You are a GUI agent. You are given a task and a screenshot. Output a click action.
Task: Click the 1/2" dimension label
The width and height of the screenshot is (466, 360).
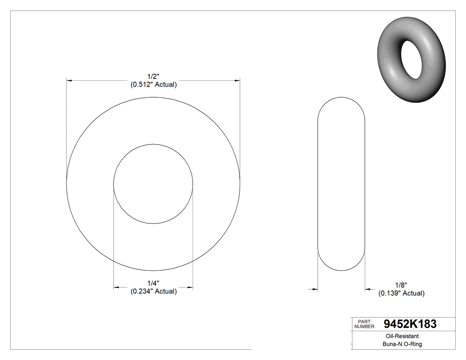(x=153, y=76)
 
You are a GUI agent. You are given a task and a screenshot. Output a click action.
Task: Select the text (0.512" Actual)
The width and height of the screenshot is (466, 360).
(x=153, y=84)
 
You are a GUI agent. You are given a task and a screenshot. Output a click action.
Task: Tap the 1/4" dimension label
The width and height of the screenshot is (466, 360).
(x=153, y=283)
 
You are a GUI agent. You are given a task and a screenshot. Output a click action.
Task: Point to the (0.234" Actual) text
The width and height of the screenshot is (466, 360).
(x=153, y=292)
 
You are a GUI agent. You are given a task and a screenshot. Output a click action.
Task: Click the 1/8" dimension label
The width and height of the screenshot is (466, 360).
(x=401, y=285)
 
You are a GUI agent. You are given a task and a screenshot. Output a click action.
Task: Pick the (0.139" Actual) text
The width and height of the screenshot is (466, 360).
(x=401, y=293)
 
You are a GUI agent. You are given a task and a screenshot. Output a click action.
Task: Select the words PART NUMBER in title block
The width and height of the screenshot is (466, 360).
(x=364, y=324)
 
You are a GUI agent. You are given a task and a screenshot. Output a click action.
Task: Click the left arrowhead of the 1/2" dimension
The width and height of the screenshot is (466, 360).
(x=69, y=80)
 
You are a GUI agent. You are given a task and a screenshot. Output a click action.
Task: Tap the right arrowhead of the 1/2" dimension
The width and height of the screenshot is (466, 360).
(x=237, y=80)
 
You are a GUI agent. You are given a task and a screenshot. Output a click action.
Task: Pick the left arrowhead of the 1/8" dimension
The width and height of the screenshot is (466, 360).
(x=315, y=289)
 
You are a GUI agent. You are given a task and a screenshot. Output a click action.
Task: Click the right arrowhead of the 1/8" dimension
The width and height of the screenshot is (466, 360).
(x=368, y=289)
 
